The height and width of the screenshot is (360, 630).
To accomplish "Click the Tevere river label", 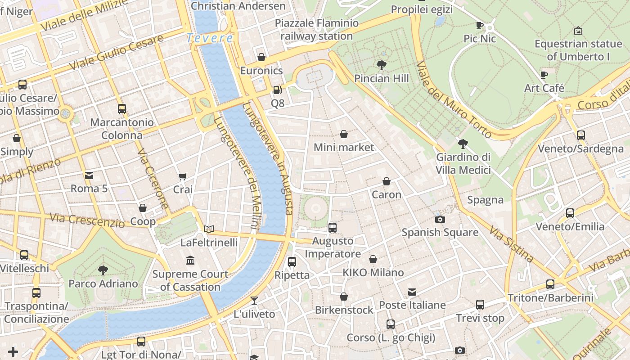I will pyautogui.click(x=210, y=38).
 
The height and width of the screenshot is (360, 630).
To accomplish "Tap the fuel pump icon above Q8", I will pyautogui.click(x=277, y=90).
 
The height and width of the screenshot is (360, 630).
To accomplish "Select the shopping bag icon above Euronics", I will pyautogui.click(x=261, y=57).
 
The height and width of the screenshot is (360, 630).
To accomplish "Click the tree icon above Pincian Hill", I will pyautogui.click(x=382, y=65).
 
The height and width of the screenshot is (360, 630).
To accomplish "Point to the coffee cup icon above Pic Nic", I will pyautogui.click(x=480, y=26).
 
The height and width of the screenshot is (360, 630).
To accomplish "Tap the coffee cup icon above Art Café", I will pyautogui.click(x=544, y=75).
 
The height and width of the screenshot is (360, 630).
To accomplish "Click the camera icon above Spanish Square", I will pyautogui.click(x=440, y=219).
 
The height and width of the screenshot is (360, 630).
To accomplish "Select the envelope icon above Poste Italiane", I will pyautogui.click(x=412, y=292).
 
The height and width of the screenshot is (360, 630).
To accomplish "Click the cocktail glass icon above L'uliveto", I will pyautogui.click(x=254, y=301).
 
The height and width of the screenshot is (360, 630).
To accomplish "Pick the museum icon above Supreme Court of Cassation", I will pyautogui.click(x=190, y=261).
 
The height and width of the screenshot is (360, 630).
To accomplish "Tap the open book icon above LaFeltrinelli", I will pyautogui.click(x=208, y=229).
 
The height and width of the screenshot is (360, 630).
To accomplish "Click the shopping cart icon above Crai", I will pyautogui.click(x=183, y=176).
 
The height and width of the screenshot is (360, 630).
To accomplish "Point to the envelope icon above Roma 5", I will pyautogui.click(x=89, y=175).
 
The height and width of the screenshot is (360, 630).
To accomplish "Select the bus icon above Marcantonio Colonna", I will pyautogui.click(x=121, y=109).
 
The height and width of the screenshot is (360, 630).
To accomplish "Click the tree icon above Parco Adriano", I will pyautogui.click(x=103, y=270).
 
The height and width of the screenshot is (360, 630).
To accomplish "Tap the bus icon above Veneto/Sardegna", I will pyautogui.click(x=580, y=135).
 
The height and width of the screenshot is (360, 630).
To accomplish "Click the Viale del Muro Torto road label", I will pyautogui.click(x=454, y=100).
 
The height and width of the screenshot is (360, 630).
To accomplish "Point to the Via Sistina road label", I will pyautogui.click(x=512, y=245).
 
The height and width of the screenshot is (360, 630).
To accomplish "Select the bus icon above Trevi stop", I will pyautogui.click(x=480, y=305).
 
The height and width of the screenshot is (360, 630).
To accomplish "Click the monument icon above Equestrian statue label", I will pyautogui.click(x=578, y=31).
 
